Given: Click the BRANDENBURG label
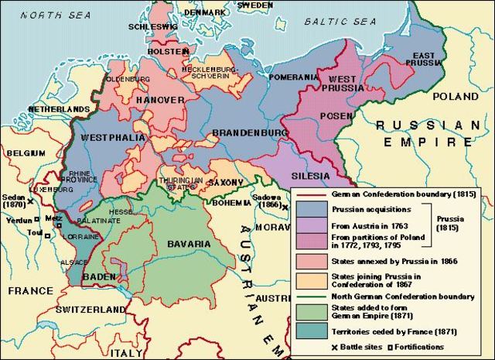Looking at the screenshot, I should [x=245, y=132].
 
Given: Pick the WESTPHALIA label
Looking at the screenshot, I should [x=111, y=138].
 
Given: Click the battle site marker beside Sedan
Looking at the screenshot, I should [x=29, y=201].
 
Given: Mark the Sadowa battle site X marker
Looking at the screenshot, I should [x=285, y=207].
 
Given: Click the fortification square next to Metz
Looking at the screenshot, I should [x=52, y=219].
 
